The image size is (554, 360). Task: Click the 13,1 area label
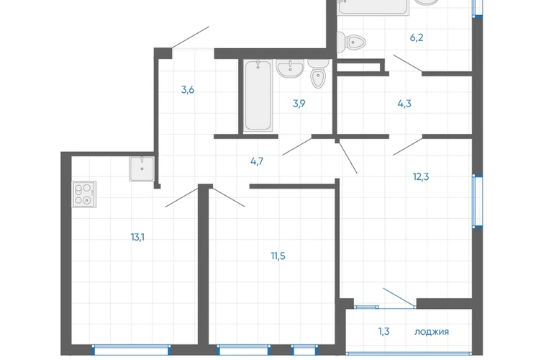[x=137, y=238]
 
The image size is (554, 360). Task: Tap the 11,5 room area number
[x=278, y=256]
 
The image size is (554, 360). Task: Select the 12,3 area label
[x=421, y=176]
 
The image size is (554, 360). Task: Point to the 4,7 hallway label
[x=257, y=161]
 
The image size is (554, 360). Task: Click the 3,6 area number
[x=188, y=90]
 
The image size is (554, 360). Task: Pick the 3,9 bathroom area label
[x=299, y=104]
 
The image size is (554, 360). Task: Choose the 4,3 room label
[x=404, y=104]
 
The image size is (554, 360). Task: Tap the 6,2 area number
[x=417, y=37]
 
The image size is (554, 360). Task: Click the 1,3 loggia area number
[x=384, y=331]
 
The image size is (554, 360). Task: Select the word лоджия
[x=432, y=332]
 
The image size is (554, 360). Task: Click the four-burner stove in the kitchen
[x=84, y=194]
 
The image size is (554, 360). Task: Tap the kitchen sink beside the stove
[x=142, y=168]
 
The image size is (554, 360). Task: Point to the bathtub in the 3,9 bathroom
[x=258, y=95]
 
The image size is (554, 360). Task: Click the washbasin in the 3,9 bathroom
[x=290, y=68]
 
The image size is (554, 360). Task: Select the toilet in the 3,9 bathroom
[x=318, y=73]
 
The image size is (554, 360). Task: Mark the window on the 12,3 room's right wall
[x=478, y=201]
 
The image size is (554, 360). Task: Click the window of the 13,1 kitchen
[x=132, y=350]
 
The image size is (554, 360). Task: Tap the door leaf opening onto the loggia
[x=399, y=298]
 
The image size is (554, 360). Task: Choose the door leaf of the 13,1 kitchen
[x=181, y=197]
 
